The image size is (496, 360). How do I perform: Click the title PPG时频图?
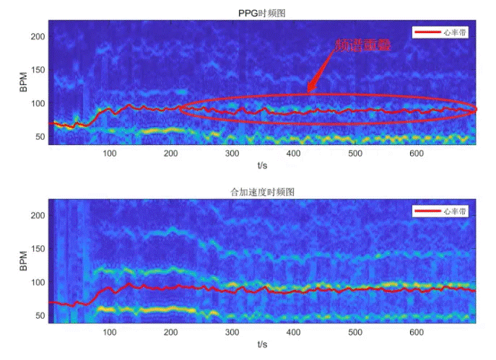pos(263,13)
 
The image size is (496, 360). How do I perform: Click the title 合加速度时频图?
pos(263,192)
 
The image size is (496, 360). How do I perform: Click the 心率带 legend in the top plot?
pos(439,32)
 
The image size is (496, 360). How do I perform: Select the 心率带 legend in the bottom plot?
pos(439,211)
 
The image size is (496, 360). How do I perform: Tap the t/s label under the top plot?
pos(263,164)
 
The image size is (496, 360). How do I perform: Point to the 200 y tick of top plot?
pos(38,36)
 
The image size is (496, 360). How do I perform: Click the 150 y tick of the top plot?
pos(38,70)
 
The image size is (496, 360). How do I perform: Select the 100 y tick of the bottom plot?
pos(38,282)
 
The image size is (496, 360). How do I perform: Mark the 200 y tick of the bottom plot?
pos(38,216)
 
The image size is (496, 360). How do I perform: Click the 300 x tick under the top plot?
pos(232,153)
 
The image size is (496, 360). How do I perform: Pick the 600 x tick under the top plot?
pos(415,153)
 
